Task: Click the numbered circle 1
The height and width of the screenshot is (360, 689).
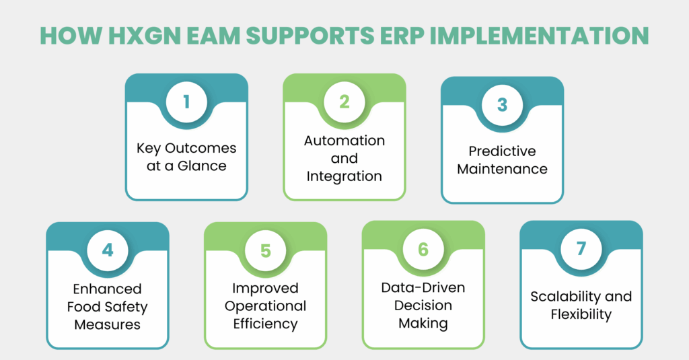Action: tap(186, 102)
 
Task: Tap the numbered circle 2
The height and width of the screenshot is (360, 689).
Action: tap(344, 102)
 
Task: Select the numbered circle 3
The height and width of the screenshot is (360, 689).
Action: tap(502, 105)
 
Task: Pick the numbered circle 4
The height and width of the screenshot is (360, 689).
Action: tap(108, 250)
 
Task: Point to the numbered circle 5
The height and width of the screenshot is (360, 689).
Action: tap(265, 250)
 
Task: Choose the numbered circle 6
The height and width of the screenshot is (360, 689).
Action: tap(423, 249)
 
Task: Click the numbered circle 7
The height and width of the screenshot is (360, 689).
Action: tap(581, 249)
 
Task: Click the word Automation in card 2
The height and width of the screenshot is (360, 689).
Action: tap(344, 141)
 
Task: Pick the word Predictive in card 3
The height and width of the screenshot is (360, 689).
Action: tap(502, 151)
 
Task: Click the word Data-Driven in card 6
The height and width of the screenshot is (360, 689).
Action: tap(423, 288)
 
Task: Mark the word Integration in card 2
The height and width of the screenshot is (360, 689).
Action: tap(344, 176)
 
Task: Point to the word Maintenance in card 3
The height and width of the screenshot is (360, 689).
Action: tap(502, 169)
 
